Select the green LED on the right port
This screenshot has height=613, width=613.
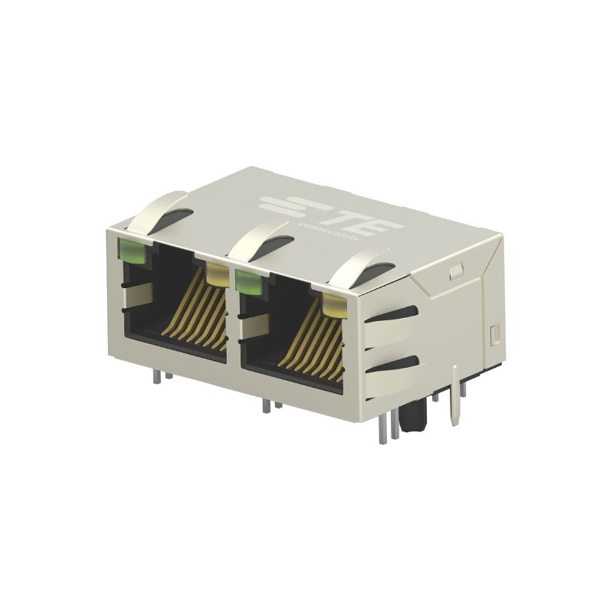pos(247,280)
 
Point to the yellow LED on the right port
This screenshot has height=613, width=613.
pos(335,304)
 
